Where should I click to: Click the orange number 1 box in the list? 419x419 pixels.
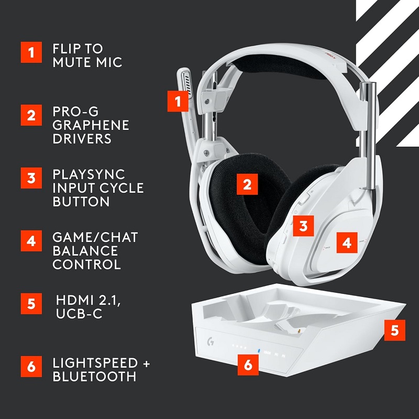click(x=31, y=52)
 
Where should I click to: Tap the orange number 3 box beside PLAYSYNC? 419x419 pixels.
click(x=31, y=178)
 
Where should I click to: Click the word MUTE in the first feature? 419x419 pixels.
click(x=70, y=63)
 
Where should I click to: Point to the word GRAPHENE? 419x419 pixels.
click(x=91, y=126)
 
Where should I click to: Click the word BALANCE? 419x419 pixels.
click(x=85, y=251)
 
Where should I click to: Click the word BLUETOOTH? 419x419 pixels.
click(x=94, y=377)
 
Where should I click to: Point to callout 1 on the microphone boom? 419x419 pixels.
click(x=178, y=101)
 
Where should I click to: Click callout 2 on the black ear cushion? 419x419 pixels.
click(x=247, y=184)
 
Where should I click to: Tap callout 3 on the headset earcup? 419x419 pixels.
click(x=303, y=226)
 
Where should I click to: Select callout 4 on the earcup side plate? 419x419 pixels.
click(x=346, y=242)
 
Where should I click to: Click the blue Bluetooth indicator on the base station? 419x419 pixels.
click(x=259, y=351)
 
